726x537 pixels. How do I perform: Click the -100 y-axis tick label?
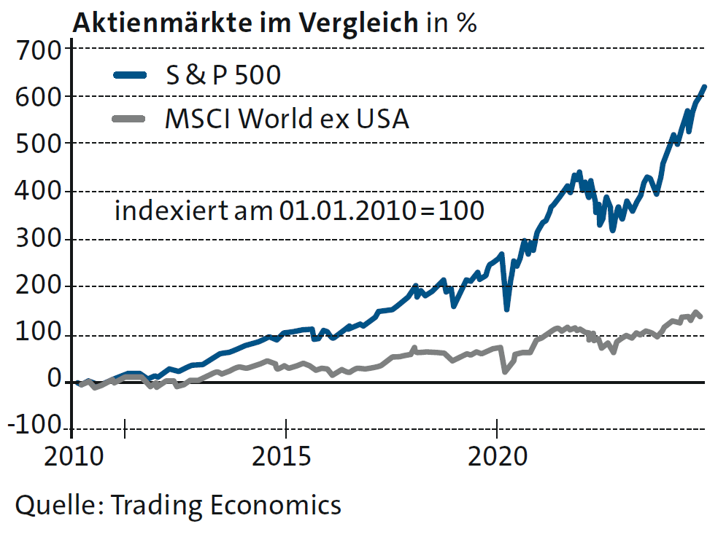(x=32, y=426)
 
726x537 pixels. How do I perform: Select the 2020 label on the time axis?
(x=497, y=457)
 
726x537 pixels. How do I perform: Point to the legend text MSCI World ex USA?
(x=287, y=118)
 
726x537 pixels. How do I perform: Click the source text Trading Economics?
(x=225, y=504)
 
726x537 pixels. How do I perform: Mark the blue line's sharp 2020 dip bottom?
(x=506, y=309)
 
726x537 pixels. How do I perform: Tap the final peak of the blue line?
(x=704, y=87)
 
